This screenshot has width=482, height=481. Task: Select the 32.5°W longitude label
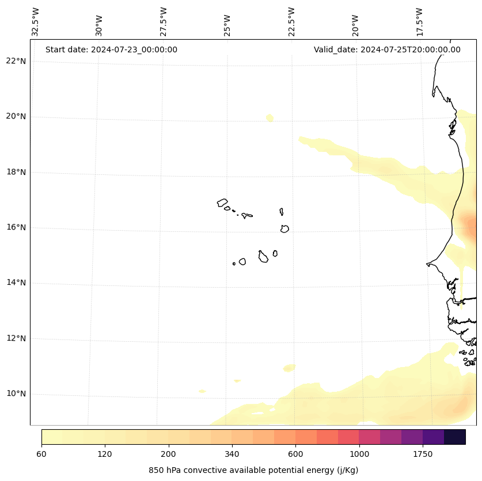36,22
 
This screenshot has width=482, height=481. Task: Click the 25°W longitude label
227,26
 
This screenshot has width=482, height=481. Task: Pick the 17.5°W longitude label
419,22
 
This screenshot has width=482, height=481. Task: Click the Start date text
111,49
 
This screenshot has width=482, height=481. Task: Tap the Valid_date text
387,49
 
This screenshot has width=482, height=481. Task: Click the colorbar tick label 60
41,454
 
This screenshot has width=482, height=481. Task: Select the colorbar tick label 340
231,454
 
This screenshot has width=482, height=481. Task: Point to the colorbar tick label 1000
359,454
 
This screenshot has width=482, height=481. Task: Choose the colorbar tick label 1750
423,454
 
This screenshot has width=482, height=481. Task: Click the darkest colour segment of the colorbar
455,437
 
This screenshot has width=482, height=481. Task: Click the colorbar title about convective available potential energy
253,470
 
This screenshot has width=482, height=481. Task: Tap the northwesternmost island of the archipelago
222,203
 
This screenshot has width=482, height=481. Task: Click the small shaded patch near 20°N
270,118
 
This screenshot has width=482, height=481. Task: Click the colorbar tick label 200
168,454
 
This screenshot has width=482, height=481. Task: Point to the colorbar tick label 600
295,454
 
